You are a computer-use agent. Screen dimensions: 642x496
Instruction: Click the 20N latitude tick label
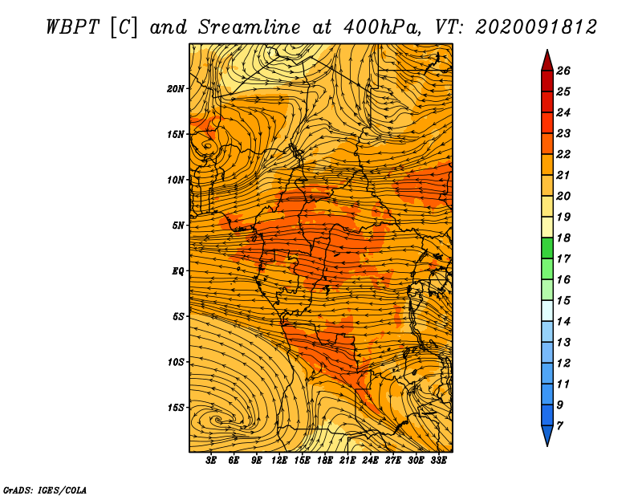pyautogui.click(x=176, y=89)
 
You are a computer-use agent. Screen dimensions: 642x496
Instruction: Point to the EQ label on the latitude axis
pyautogui.click(x=177, y=271)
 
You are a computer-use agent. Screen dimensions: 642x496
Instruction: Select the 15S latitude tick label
pyautogui.click(x=176, y=408)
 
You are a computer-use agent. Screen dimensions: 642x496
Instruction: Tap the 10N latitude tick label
pyautogui.click(x=176, y=180)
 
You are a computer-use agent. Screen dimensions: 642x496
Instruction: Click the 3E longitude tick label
pyautogui.click(x=211, y=461)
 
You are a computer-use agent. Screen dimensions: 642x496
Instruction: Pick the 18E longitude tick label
pyautogui.click(x=325, y=461)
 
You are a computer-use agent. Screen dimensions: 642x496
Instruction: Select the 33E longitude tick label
pyautogui.click(x=438, y=461)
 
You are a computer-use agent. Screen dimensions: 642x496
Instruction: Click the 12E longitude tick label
pyautogui.click(x=279, y=461)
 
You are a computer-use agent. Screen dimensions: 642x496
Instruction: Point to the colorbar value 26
pyautogui.click(x=563, y=71)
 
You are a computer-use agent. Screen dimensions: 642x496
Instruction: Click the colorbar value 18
pyautogui.click(x=563, y=238)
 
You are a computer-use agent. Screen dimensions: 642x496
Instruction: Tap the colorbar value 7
pyautogui.click(x=559, y=426)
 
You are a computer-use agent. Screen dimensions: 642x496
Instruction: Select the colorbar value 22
pyautogui.click(x=563, y=154)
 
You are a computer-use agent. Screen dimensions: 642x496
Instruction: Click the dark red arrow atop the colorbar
pyautogui.click(x=547, y=61)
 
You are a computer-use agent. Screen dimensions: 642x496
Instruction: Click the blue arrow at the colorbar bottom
pyautogui.click(x=547, y=435)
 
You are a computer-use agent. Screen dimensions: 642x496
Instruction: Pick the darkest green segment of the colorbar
pyautogui.click(x=547, y=248)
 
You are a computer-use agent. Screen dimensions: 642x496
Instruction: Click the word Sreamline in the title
pyautogui.click(x=250, y=27)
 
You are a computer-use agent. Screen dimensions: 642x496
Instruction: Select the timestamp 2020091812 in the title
pyautogui.click(x=536, y=27)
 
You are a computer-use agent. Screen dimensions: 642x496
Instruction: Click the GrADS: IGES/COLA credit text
pyautogui.click(x=45, y=490)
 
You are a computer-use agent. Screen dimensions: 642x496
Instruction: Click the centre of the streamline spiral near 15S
pyautogui.click(x=217, y=420)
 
